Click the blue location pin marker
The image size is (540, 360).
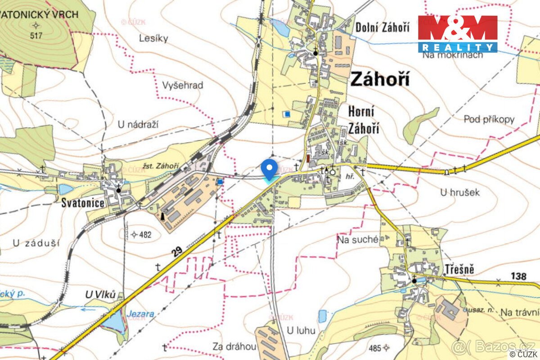pos(269,169)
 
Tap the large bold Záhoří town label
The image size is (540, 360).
pos(380,80)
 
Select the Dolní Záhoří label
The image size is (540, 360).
pos(382,27)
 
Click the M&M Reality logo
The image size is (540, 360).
pos(458,34)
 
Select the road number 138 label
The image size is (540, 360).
pos(518,276)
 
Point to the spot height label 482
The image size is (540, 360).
pos(145,234)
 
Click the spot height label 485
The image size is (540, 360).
pos(374,347)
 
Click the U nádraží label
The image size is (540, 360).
pos(139,125)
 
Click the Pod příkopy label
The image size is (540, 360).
pos(489,119)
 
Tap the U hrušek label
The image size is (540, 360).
pos(460,192)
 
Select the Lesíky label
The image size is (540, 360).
pos(153,38)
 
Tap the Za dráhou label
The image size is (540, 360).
pos(235,346)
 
